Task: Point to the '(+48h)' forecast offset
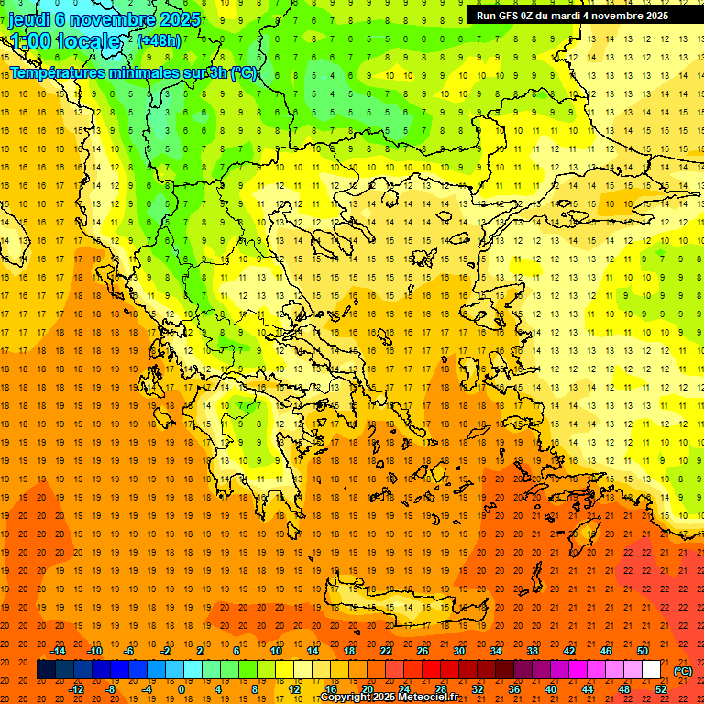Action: [159, 41]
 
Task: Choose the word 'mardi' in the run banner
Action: [562, 16]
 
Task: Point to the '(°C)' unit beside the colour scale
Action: [683, 671]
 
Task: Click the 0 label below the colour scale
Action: [181, 689]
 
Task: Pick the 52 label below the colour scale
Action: [661, 689]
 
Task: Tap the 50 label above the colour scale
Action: [643, 651]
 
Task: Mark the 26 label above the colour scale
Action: [423, 651]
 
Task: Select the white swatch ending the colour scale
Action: [652, 670]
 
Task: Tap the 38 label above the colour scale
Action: [533, 651]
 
